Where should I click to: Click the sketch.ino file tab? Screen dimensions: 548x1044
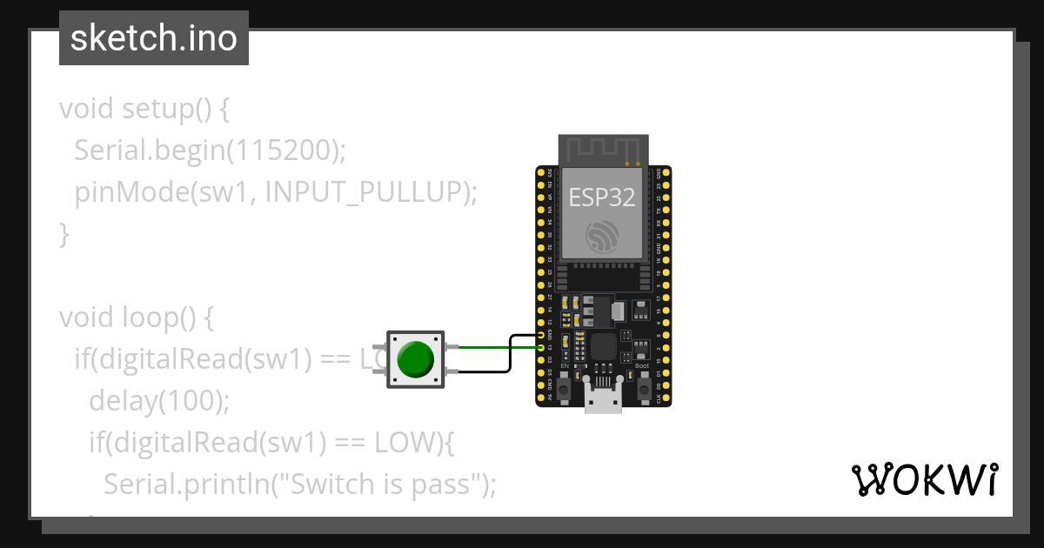coord(154,38)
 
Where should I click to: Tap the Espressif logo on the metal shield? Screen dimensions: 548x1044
coord(603,237)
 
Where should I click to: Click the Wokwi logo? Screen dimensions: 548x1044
coord(923,479)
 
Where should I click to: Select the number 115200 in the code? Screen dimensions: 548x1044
coord(283,150)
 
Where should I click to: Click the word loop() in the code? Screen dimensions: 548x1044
coord(157,317)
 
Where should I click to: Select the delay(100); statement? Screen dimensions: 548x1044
coord(158,401)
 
